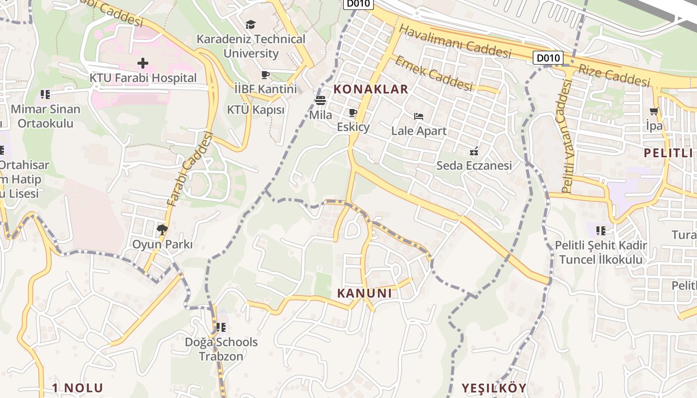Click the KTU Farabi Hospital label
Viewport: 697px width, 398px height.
coord(143,78)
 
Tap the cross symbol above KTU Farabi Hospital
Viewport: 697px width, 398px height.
coord(143,63)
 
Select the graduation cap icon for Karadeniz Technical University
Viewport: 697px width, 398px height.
coord(250,24)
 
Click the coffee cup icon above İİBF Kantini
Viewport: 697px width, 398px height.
coord(265,75)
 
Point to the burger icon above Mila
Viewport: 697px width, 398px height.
coord(321,100)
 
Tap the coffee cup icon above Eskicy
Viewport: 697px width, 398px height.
coord(353,113)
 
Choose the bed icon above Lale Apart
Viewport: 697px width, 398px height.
coord(419,116)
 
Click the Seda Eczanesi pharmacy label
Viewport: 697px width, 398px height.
coord(474,166)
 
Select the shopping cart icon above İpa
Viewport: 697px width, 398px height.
coord(654,111)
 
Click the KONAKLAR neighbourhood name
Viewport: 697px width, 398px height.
coord(370,90)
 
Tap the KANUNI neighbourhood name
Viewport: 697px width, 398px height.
coord(364,294)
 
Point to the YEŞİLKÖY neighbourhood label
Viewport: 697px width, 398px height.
coord(493,388)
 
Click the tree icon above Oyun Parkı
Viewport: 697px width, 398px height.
coord(162,230)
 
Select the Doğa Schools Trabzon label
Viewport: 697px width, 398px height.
coord(221,349)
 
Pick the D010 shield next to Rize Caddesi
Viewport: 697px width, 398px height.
coord(548,58)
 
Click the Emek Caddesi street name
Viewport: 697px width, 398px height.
coord(434,73)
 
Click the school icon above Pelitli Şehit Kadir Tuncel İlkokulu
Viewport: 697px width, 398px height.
coord(601,230)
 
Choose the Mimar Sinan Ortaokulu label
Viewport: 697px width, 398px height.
coord(45,116)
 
